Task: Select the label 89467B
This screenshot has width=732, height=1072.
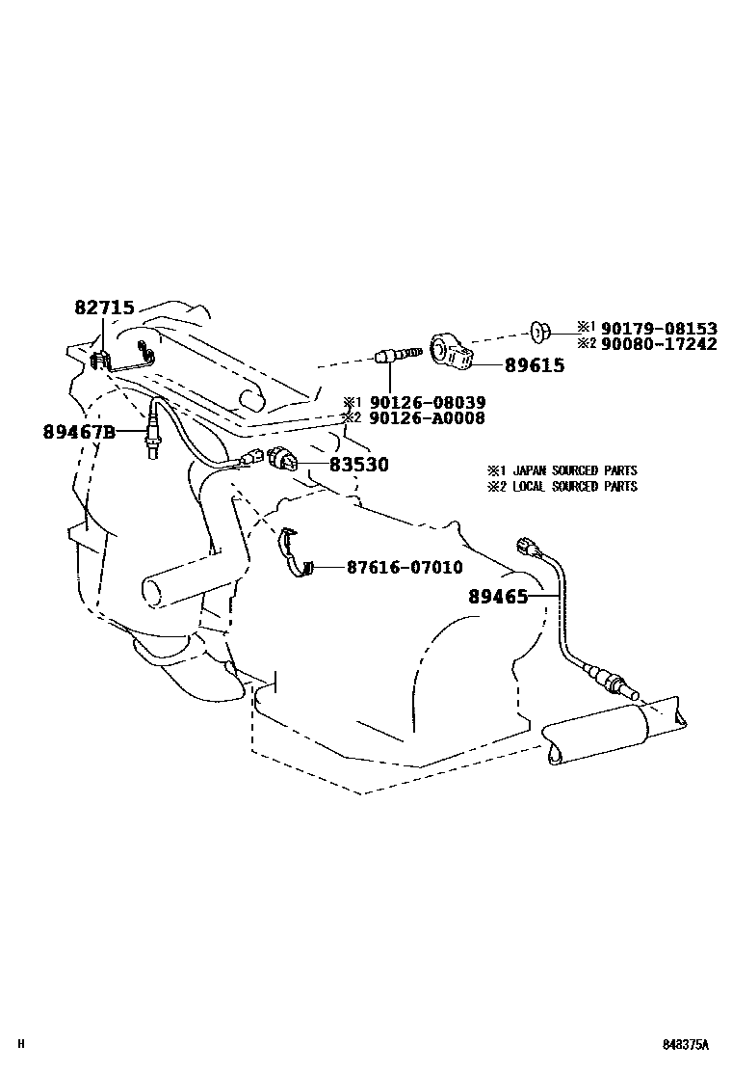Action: coord(79,433)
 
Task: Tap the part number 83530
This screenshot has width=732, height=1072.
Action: coord(359,465)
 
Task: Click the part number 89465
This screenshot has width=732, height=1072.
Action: coord(499,597)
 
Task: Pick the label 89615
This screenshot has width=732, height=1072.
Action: coord(535,366)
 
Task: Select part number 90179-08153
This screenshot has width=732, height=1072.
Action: coord(660,329)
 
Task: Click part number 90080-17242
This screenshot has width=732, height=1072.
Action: coord(660,343)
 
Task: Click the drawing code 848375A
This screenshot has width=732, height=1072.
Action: coord(685,1045)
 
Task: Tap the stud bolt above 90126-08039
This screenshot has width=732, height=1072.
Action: coord(397,358)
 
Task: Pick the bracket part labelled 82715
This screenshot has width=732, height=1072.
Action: coord(99,361)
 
